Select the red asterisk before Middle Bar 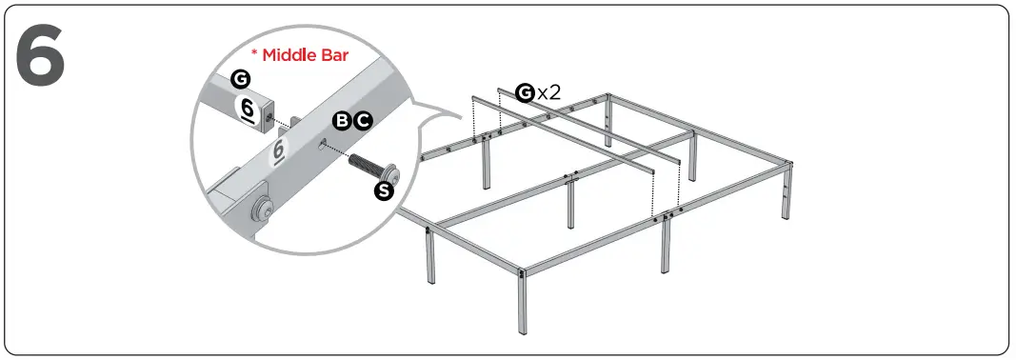254,53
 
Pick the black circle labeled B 342,120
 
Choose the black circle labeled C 363,120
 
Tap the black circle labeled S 384,191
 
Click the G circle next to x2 525,92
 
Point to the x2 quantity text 548,92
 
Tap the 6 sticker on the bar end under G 248,109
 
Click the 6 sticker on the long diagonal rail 279,151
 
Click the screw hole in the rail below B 327,144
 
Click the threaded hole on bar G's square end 272,118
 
